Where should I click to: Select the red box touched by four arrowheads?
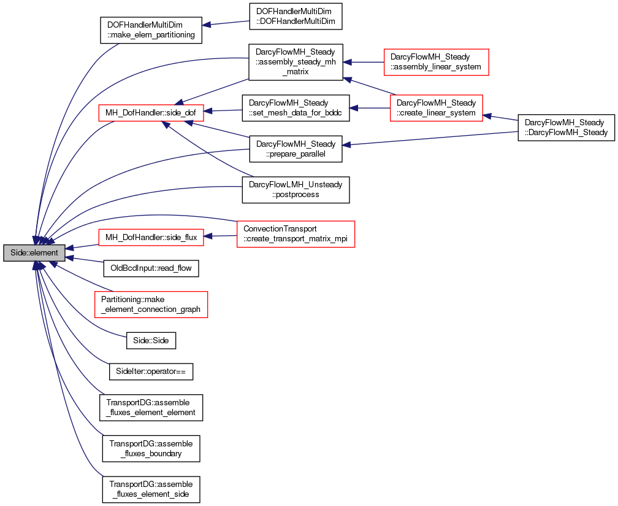point(151,113)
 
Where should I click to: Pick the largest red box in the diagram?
point(296,234)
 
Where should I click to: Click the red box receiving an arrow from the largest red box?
point(151,237)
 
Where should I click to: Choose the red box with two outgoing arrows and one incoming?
point(436,108)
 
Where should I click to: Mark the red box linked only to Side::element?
point(151,305)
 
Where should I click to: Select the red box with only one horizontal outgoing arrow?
point(436,62)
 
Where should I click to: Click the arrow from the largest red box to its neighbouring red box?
point(221,236)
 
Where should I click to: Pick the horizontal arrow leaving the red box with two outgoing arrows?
point(370,108)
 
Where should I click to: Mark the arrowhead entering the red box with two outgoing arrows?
point(487,115)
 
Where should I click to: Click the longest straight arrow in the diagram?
point(429,138)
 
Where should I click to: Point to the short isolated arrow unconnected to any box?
point(225,23)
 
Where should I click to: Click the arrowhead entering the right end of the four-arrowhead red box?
point(208,111)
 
